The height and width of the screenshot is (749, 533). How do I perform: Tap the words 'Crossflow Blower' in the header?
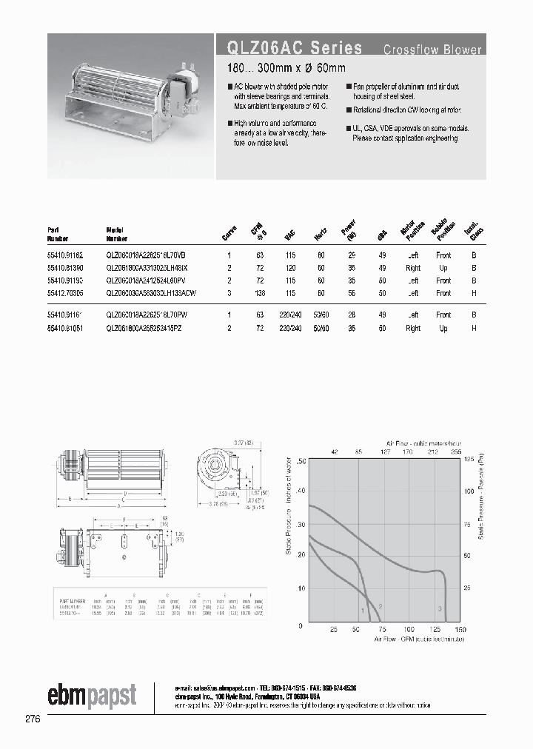click(x=432, y=50)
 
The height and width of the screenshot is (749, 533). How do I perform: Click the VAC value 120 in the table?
click(x=291, y=268)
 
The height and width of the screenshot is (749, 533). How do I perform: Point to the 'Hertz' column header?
click(x=321, y=235)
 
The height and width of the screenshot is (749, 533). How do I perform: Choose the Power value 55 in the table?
click(x=351, y=293)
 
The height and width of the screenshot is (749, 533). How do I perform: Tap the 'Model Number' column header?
click(x=118, y=235)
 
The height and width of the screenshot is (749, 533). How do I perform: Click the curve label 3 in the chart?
click(x=439, y=608)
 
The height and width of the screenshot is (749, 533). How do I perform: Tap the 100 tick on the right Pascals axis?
click(x=468, y=491)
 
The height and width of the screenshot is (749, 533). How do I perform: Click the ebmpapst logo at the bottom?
click(x=92, y=695)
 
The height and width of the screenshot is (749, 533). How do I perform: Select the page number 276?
click(x=31, y=719)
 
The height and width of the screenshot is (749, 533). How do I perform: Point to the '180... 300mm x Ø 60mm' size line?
click(x=286, y=69)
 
